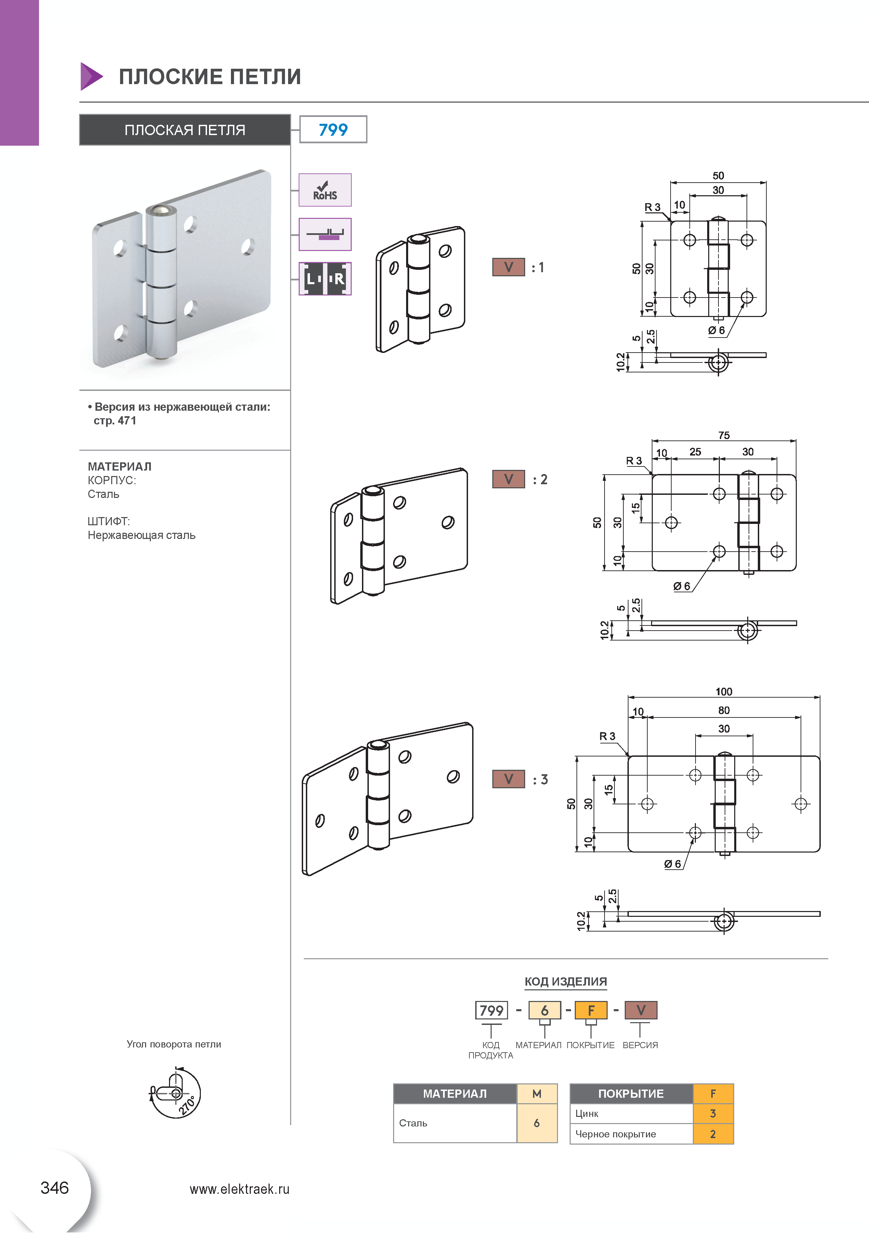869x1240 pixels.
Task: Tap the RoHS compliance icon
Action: (325, 190)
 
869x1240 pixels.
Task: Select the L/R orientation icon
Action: (325, 279)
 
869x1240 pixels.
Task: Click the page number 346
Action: (55, 1188)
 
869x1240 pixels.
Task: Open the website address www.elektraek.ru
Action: (239, 1189)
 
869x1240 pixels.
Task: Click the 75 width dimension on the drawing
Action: (724, 435)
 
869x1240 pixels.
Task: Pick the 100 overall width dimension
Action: (724, 692)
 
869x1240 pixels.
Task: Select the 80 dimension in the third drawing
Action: (724, 710)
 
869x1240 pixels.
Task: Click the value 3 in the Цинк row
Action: (713, 1113)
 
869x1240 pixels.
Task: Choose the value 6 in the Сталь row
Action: (537, 1123)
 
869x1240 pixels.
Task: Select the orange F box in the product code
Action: (591, 1010)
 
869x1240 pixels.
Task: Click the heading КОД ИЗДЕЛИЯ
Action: (566, 981)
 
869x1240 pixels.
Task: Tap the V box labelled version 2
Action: (508, 479)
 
